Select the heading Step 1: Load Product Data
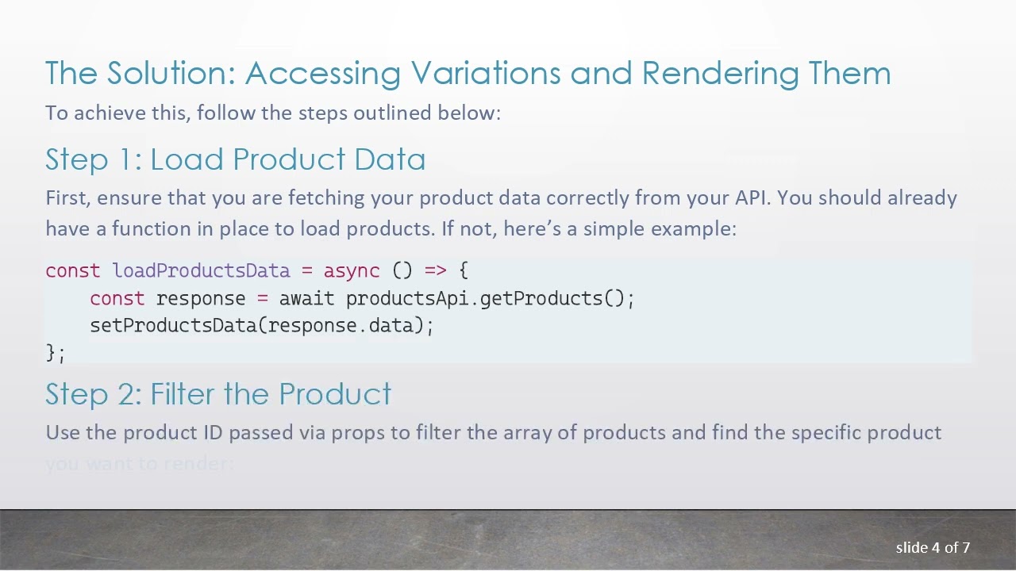pos(235,159)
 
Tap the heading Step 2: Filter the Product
pos(218,394)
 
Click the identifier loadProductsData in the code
pos(201,270)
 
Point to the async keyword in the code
pos(351,270)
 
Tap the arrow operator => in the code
pos(435,270)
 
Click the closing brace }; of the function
pos(56,353)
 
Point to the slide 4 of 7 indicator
pos(933,547)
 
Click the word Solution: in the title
pos(171,73)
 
